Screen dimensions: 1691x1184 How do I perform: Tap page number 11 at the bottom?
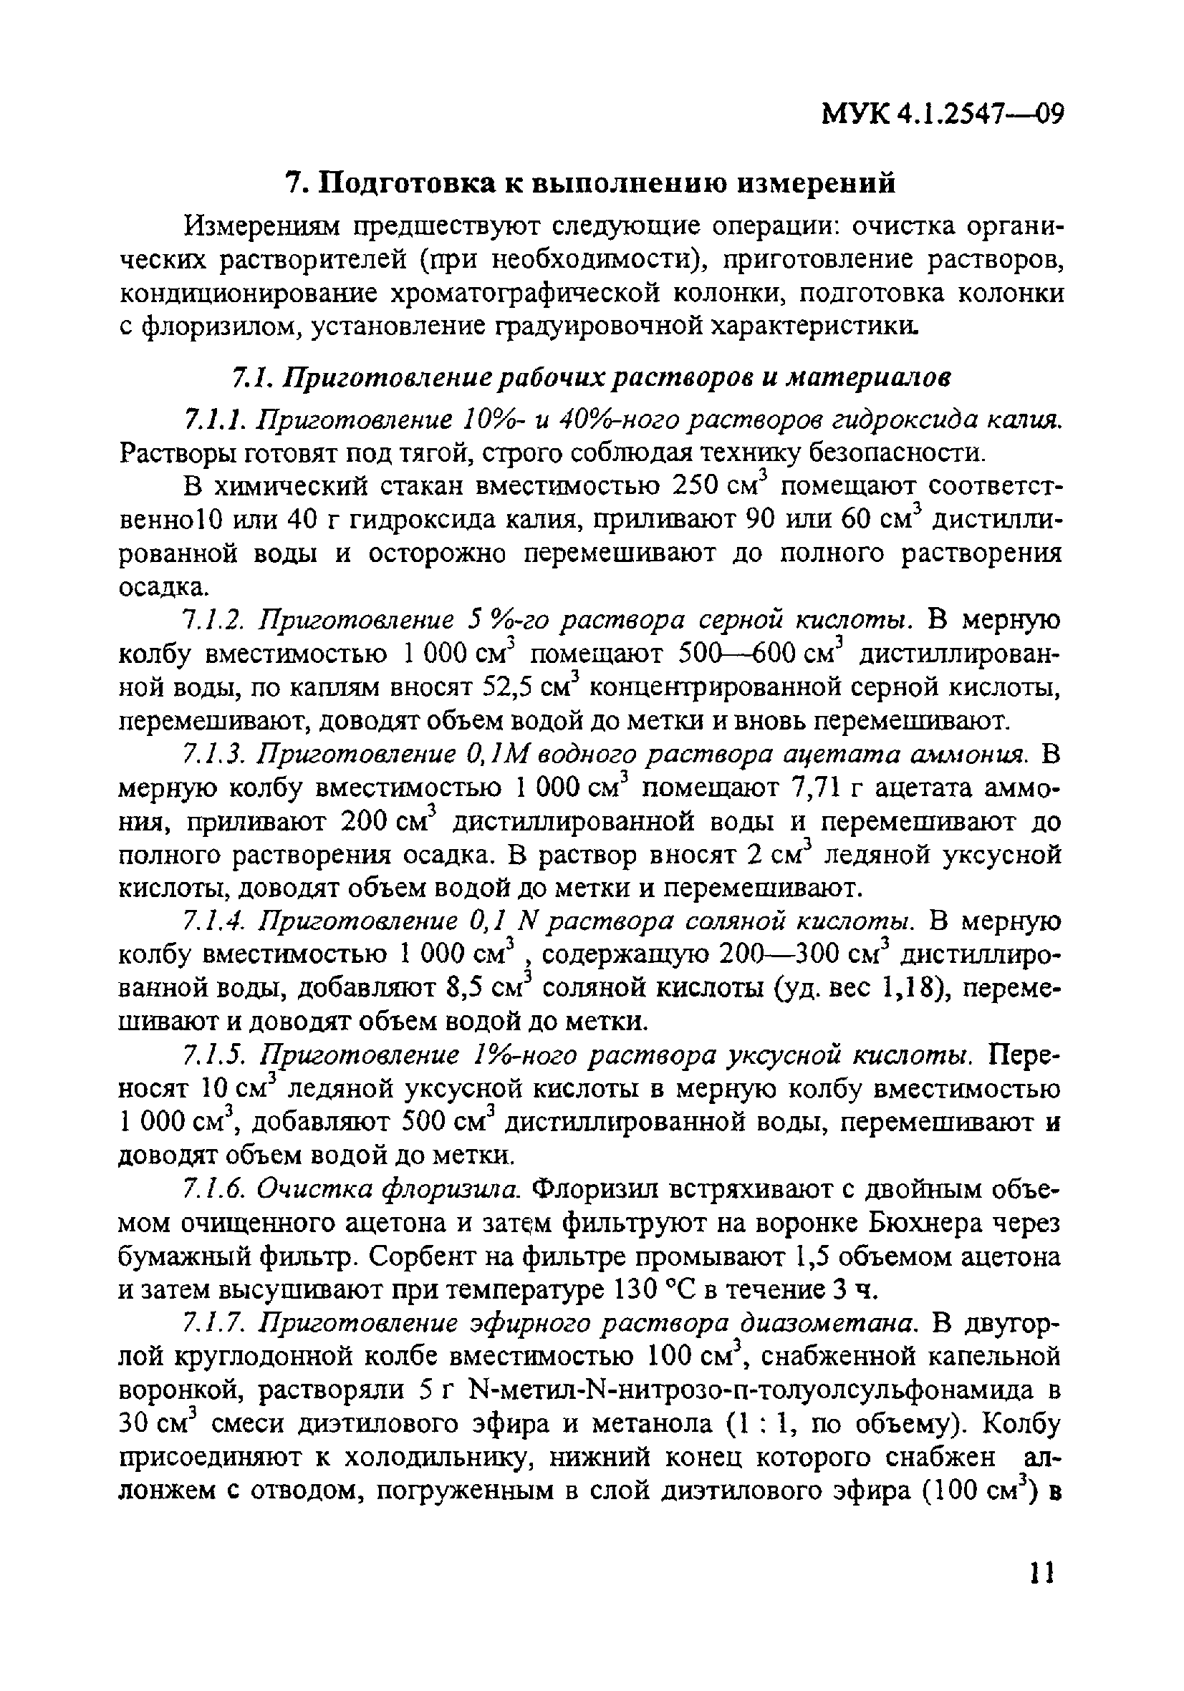pos(1041,1594)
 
